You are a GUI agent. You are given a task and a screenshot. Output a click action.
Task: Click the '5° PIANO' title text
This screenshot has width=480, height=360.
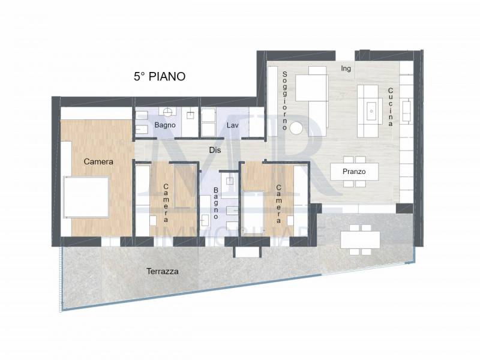point(160,77)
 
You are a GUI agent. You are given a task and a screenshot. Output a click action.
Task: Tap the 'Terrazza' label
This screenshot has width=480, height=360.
point(162,271)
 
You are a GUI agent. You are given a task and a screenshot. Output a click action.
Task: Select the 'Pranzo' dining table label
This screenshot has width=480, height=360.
point(354,172)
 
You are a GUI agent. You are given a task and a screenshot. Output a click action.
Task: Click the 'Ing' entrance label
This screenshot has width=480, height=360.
point(346,68)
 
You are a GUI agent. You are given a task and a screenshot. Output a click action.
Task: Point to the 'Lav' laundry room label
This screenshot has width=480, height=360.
point(233,125)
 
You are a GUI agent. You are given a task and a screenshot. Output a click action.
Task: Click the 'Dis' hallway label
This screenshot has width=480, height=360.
point(215,150)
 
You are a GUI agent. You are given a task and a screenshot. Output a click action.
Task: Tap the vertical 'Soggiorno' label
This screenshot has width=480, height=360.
point(284,101)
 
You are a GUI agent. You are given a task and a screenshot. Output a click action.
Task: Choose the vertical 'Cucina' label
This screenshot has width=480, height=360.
point(391,107)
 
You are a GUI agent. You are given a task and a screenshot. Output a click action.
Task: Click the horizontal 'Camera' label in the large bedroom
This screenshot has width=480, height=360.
point(98,161)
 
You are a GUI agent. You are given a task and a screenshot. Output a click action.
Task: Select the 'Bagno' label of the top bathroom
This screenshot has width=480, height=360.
point(165,125)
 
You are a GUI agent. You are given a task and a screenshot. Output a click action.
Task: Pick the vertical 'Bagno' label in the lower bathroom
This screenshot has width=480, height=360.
point(216,203)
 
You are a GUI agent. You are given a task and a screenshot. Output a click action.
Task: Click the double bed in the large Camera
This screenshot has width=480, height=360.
point(86,197)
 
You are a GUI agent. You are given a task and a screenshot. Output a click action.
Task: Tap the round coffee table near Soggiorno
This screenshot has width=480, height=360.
point(296,128)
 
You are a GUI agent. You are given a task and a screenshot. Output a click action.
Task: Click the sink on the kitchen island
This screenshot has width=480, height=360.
point(371,111)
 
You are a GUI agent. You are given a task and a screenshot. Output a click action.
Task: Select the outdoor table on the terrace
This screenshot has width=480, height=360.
point(360,239)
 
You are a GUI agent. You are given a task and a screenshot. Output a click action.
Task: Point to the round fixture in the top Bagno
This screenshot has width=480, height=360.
point(167,112)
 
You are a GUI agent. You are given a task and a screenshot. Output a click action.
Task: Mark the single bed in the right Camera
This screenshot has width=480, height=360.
point(253,213)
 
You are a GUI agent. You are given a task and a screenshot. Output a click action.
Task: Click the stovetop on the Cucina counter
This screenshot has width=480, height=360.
point(407,111)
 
